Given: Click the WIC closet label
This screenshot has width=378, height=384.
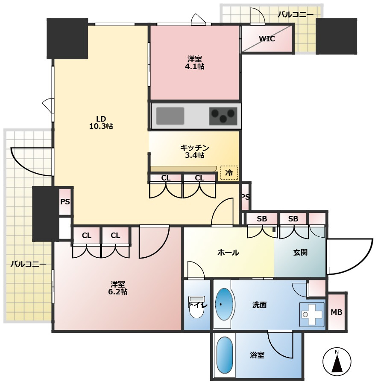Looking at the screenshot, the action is pyautogui.click(x=267, y=39).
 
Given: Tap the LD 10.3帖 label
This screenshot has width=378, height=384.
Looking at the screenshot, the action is pyautogui.click(x=101, y=123).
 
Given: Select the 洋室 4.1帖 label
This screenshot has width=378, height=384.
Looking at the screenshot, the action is pyautogui.click(x=195, y=63).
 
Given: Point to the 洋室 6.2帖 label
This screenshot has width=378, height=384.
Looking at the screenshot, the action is pyautogui.click(x=117, y=288).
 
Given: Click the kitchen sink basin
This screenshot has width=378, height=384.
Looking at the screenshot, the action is pyautogui.click(x=170, y=116).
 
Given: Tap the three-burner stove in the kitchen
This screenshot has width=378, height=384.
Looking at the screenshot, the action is pyautogui.click(x=223, y=116).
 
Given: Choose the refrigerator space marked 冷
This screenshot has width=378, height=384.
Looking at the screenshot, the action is pyautogui.click(x=229, y=173).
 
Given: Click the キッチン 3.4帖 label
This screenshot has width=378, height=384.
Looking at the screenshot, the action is pyautogui.click(x=194, y=151).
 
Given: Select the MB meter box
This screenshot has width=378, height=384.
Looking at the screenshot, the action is pyautogui.click(x=337, y=312).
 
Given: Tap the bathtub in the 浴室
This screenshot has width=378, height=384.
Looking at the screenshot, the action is pyautogui.click(x=225, y=355).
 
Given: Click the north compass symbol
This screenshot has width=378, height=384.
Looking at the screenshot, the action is pyautogui.click(x=337, y=361).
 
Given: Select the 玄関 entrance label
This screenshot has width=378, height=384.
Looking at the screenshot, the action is pyautogui.click(x=300, y=253).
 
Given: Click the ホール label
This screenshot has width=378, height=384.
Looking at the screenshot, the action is pyautogui.click(x=228, y=253).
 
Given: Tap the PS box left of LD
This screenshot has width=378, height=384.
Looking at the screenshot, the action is pyautogui.click(x=65, y=201).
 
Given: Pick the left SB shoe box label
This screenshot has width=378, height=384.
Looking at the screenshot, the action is pyautogui.click(x=262, y=219).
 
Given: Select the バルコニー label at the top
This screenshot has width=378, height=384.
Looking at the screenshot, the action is pyautogui.click(x=296, y=15).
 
